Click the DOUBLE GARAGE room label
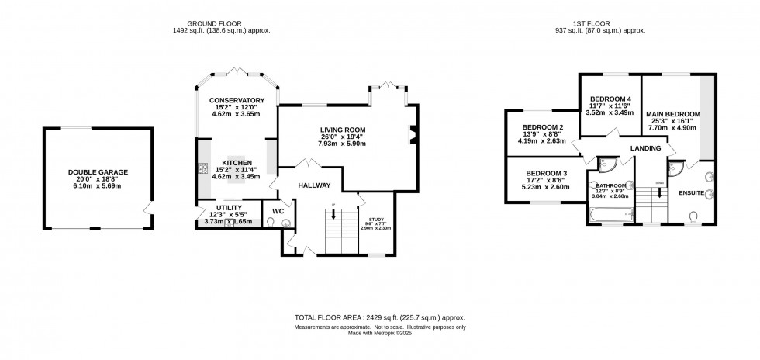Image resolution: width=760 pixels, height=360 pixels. (x=98, y=172)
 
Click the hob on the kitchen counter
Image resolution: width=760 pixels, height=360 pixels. (x=204, y=168)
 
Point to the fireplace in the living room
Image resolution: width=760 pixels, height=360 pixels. (x=412, y=134)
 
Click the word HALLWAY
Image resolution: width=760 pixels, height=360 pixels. (x=313, y=185)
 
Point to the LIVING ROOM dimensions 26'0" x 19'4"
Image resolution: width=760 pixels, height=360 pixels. (x=342, y=137)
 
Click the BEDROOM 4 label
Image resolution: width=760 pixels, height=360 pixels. (x=610, y=99)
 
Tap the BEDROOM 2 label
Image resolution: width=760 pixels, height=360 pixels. (x=542, y=127)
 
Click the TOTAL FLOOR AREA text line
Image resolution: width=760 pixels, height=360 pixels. (x=379, y=318)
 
